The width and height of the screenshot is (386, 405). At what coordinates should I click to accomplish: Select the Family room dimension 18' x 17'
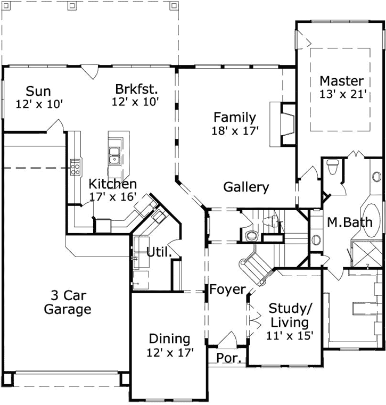pyautogui.click(x=235, y=130)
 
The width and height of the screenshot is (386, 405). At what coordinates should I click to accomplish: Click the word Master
pyautogui.click(x=341, y=81)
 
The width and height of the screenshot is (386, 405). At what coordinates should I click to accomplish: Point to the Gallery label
pyautogui.click(x=246, y=187)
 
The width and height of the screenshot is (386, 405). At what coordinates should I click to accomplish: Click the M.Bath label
pyautogui.click(x=350, y=222)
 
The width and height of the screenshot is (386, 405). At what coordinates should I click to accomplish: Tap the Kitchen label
pyautogui.click(x=112, y=184)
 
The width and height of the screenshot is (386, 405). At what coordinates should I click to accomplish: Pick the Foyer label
pyautogui.click(x=227, y=290)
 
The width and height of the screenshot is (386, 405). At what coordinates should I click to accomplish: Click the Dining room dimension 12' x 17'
pyautogui.click(x=169, y=352)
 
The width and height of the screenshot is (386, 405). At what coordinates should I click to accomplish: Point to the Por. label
pyautogui.click(x=229, y=358)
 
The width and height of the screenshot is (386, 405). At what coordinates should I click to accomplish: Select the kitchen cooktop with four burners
pyautogui.click(x=76, y=167)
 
